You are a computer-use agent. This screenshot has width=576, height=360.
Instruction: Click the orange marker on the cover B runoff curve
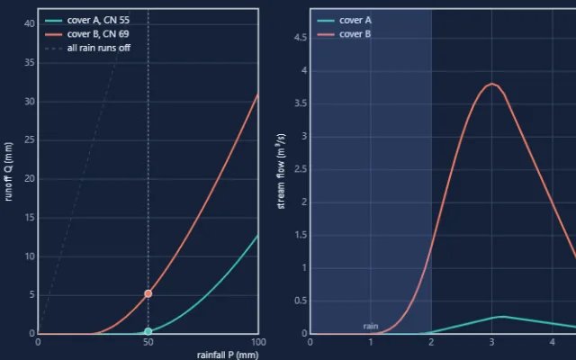pos(148,293)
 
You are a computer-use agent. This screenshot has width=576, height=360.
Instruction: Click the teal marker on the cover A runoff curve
pos(148,331)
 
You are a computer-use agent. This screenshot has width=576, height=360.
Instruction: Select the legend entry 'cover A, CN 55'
pos(87,20)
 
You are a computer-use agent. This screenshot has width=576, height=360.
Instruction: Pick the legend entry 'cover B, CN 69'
pos(86,34)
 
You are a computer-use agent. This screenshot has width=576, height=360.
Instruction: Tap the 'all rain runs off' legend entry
pos(87,48)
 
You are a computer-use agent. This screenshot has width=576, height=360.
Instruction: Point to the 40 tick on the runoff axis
pos(30,24)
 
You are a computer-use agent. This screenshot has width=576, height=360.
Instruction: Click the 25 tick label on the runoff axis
pos(30,140)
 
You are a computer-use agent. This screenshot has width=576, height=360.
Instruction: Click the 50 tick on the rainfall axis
pos(148,342)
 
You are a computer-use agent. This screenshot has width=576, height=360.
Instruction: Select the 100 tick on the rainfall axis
pos(258,342)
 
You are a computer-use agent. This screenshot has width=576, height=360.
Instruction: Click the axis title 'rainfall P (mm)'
pos(228,355)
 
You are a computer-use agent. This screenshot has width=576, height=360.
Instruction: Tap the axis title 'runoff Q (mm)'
pos(8,172)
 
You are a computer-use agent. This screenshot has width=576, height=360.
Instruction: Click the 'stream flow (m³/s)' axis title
pos(281,171)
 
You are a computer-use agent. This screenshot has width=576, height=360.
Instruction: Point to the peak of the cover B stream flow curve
pos(492,84)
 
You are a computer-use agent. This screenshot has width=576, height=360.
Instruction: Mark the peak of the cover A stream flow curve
pos(503,316)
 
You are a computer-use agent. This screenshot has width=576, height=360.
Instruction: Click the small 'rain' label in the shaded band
pos(371,326)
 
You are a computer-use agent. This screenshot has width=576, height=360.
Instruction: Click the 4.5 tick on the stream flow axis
pos(301,38)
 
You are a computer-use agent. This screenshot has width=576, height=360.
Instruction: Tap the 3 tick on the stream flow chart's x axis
pos(492,342)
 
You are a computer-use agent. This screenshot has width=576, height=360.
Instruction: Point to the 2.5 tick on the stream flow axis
pos(301,169)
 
